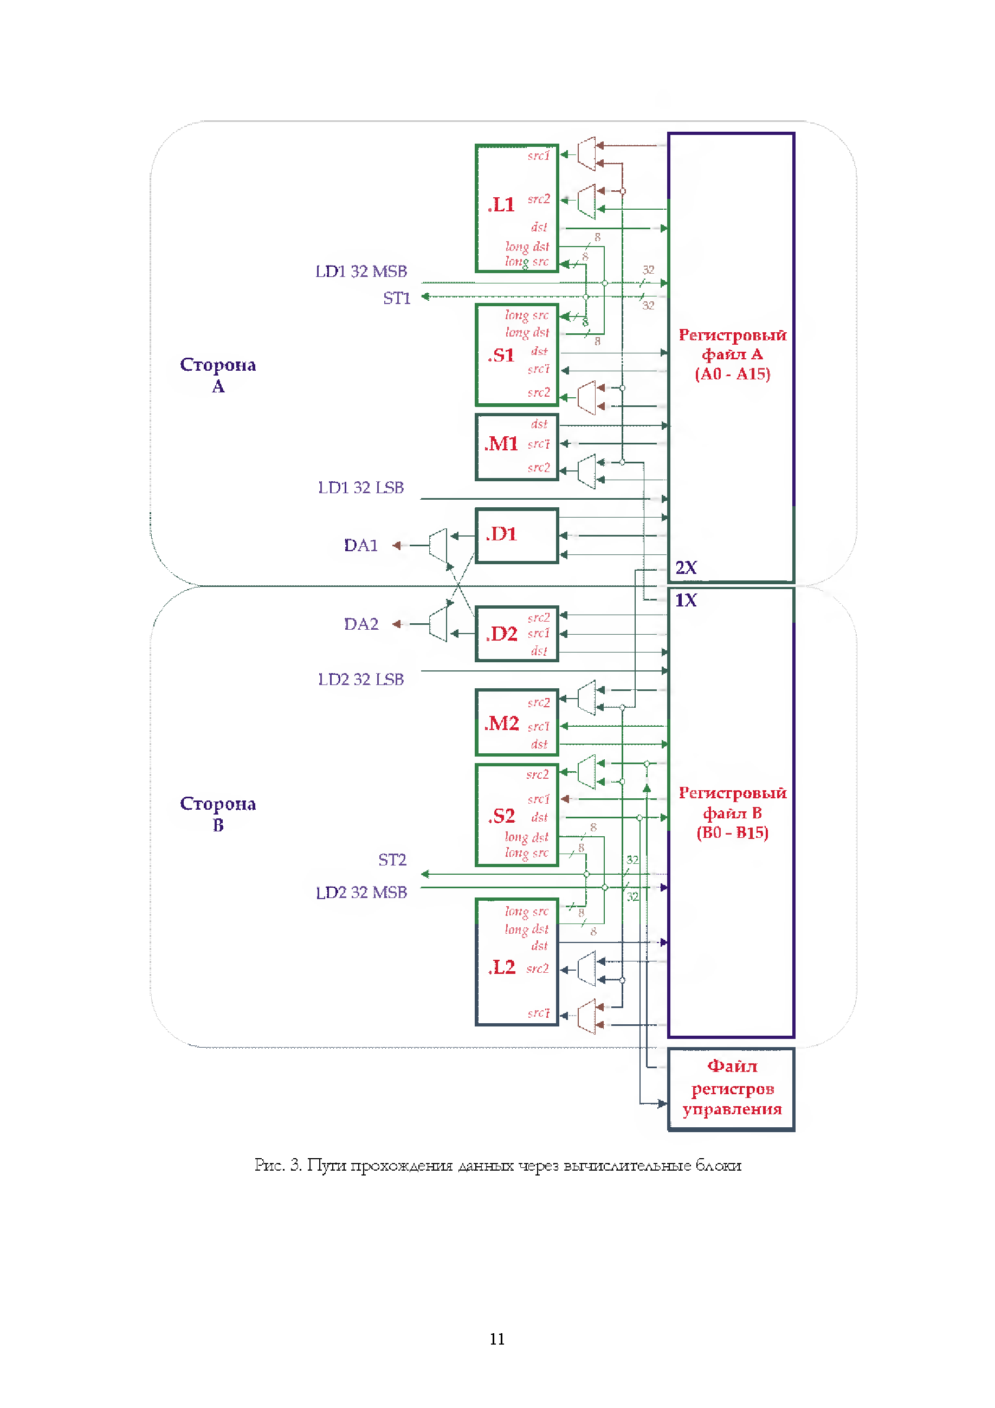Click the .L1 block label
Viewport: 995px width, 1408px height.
tap(501, 205)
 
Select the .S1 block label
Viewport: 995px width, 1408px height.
tap(501, 356)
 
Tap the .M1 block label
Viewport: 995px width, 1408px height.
tap(501, 443)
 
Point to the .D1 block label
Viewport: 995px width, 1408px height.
tap(501, 534)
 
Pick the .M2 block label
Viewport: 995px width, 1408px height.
tap(501, 724)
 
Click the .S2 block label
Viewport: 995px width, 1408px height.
tap(501, 816)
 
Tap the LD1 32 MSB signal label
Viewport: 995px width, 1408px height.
tap(361, 272)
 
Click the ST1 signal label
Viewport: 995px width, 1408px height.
tap(397, 299)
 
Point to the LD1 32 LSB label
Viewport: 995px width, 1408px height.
tap(360, 488)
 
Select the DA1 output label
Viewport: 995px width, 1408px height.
tap(360, 546)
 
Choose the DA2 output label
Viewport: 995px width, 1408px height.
tap(360, 624)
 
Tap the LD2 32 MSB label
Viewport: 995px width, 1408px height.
tap(361, 893)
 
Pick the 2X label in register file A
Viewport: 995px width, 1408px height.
tap(686, 568)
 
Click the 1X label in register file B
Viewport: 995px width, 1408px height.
tap(686, 600)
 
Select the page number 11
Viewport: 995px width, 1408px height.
tap(497, 1339)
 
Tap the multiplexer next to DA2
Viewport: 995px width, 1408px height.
tap(438, 624)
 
